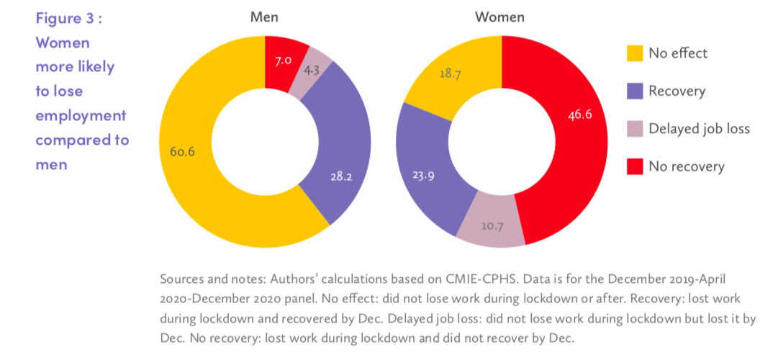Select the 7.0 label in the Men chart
click(x=283, y=60)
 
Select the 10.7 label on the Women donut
click(x=492, y=226)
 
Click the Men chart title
click(x=265, y=17)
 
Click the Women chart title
click(x=499, y=17)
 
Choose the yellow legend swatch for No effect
click(x=634, y=53)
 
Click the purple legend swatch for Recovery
click(x=634, y=91)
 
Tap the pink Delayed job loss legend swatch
click(x=634, y=129)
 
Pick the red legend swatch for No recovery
click(x=634, y=167)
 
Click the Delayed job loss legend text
click(x=699, y=129)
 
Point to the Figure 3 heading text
click(x=69, y=18)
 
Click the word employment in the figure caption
click(x=81, y=115)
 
